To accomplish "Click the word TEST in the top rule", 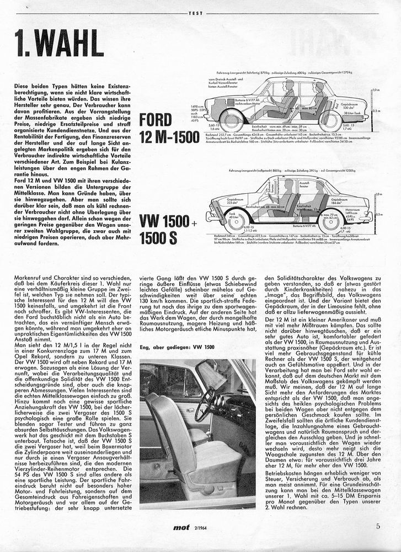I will click(196, 12).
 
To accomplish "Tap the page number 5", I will click(378, 526).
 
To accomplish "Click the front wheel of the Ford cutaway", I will click(232, 121).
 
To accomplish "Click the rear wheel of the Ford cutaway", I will click(330, 121).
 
